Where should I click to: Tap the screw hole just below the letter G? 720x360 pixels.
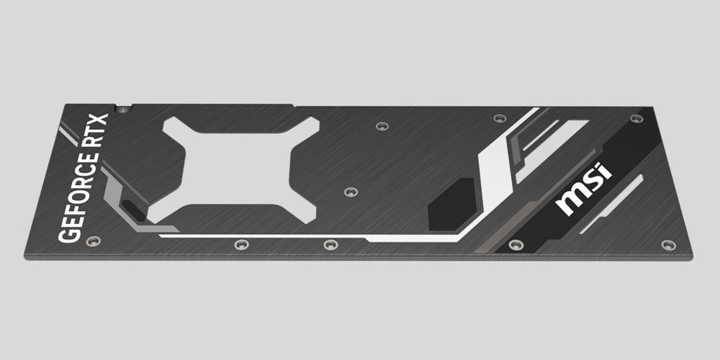(91, 242)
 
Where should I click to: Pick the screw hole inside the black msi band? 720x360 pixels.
(513, 245)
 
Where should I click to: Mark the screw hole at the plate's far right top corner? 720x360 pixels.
(634, 119)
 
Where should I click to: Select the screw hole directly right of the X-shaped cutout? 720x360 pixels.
(351, 192)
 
